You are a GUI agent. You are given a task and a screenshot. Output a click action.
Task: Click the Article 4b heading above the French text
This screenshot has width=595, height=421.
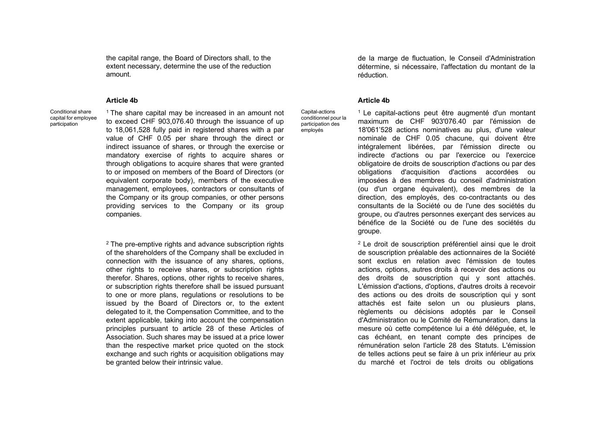(374, 100)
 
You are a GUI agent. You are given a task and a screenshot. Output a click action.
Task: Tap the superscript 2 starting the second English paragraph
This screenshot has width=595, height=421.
(108, 243)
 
